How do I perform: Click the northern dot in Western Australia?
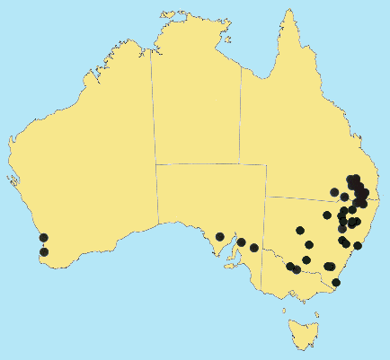point(44,238)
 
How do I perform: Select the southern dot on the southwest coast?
point(44,252)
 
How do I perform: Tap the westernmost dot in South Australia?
point(220,237)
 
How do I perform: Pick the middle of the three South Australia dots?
point(241,242)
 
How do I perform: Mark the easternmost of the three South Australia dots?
point(254,248)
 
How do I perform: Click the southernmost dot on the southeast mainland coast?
point(336,283)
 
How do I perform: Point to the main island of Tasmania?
point(303,333)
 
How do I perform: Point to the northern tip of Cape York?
point(288,13)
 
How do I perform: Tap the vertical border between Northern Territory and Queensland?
point(241,108)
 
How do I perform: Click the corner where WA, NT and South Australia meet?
point(155,163)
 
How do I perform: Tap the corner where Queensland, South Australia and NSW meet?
point(267,197)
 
